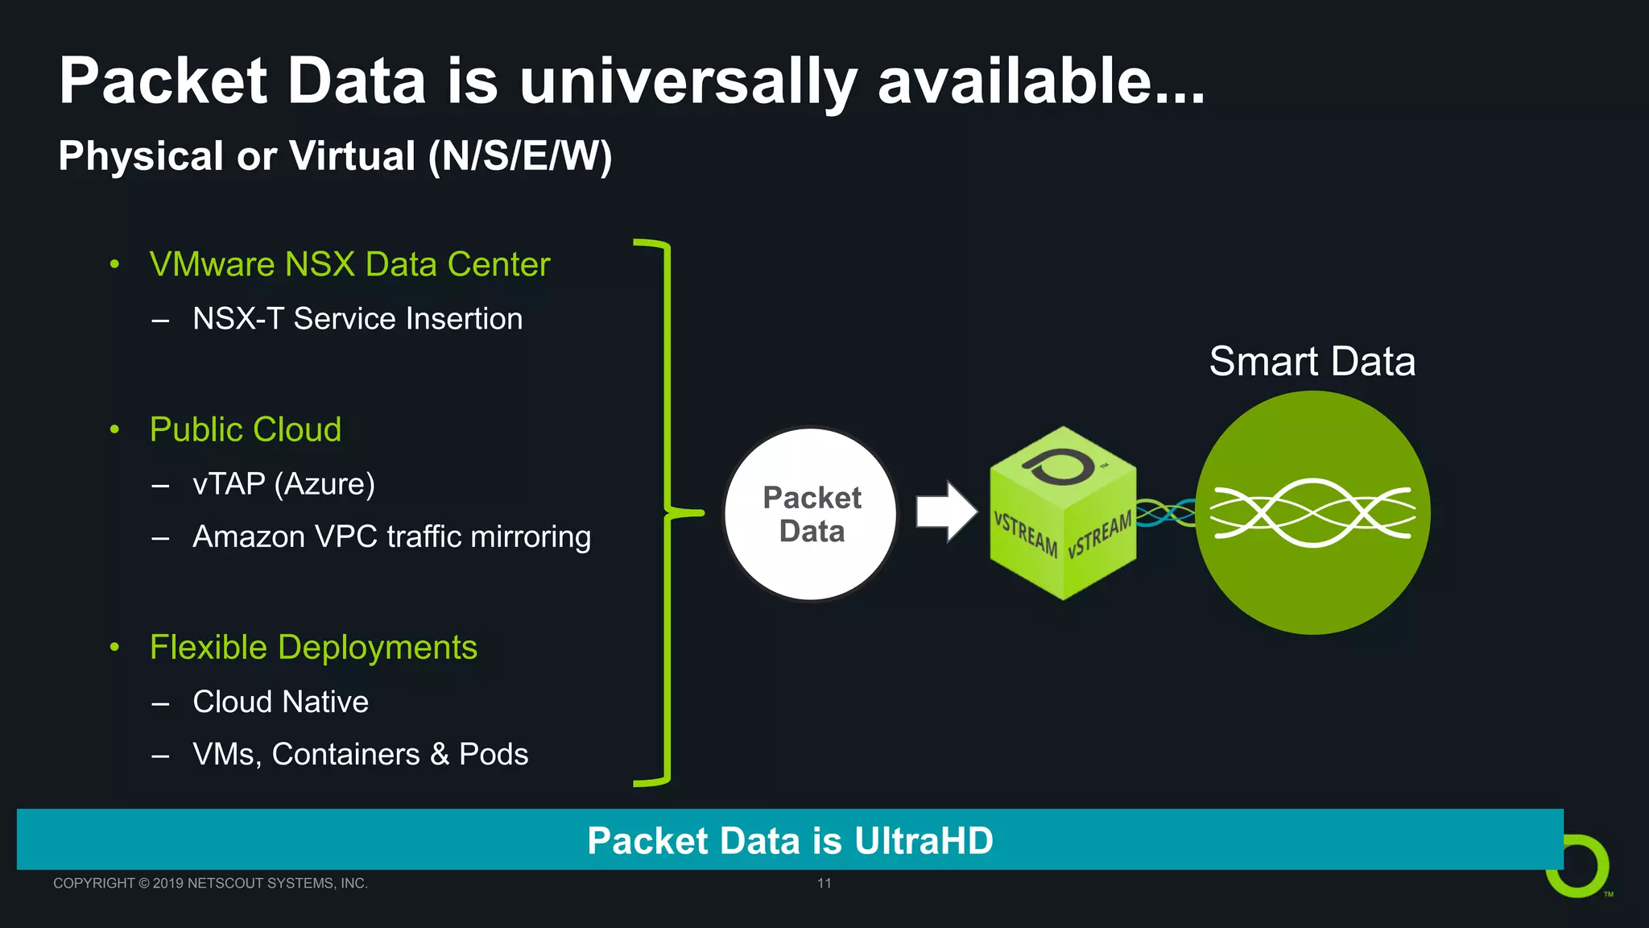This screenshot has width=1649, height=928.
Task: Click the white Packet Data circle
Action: coord(811,514)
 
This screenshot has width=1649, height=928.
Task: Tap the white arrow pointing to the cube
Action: coord(946,512)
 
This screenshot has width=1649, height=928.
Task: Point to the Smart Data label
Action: coord(1312,361)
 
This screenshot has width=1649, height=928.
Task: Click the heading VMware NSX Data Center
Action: coord(349,264)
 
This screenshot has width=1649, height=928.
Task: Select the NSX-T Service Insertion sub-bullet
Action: coord(357,319)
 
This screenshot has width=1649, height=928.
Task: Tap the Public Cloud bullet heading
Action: coord(246,429)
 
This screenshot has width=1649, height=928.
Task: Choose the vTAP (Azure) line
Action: coord(283,484)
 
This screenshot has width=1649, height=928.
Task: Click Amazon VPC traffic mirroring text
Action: coord(391,536)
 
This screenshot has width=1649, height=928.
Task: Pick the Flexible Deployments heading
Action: coord(313,648)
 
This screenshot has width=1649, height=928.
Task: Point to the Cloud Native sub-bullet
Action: coord(280,702)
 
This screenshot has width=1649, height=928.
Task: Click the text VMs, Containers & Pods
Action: coord(360,755)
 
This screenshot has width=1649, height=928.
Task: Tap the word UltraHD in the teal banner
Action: coord(924,841)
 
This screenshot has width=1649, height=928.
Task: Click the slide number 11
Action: coord(824,883)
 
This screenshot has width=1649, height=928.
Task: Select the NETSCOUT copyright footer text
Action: coord(210,883)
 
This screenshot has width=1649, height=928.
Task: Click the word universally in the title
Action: coord(688,82)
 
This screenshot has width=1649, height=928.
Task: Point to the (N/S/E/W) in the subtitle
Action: coord(520,156)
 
